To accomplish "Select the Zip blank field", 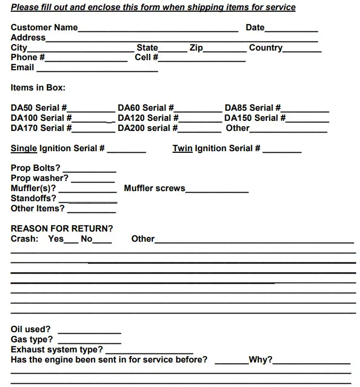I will (224, 50).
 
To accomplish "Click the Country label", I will (266, 48).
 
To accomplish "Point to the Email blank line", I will (97, 70).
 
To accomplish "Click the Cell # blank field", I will (202, 60).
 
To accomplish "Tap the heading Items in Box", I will (38, 88).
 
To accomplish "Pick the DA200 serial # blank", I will (199, 130).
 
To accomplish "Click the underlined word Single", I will (24, 149).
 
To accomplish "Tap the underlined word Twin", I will (182, 149).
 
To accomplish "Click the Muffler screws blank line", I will (217, 191).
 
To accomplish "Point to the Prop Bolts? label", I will (36, 168).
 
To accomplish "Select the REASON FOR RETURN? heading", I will (62, 229).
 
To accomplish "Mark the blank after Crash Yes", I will (71, 242).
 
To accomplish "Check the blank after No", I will (102, 242).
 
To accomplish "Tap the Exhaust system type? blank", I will (149, 352).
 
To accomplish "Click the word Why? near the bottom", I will (260, 360).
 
